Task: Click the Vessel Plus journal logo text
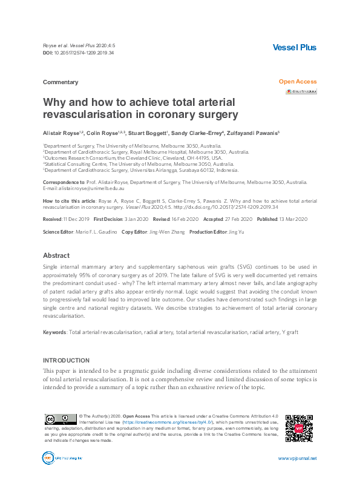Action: (295, 48)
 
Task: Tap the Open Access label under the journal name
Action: (298, 82)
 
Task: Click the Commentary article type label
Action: (61, 82)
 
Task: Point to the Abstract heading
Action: (56, 255)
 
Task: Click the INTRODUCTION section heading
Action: (66, 360)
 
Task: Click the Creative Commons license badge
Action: (59, 419)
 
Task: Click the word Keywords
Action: (54, 332)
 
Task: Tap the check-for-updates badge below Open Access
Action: (301, 91)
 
